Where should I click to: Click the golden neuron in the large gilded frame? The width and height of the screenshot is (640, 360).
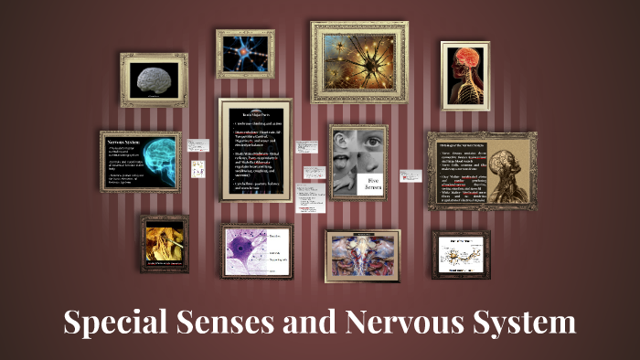click(x=357, y=62)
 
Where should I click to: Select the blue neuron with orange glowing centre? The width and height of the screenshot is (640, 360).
click(x=245, y=53)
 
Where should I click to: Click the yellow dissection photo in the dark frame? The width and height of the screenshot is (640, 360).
click(x=165, y=244)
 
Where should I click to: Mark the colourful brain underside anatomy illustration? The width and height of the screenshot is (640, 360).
click(x=362, y=255)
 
